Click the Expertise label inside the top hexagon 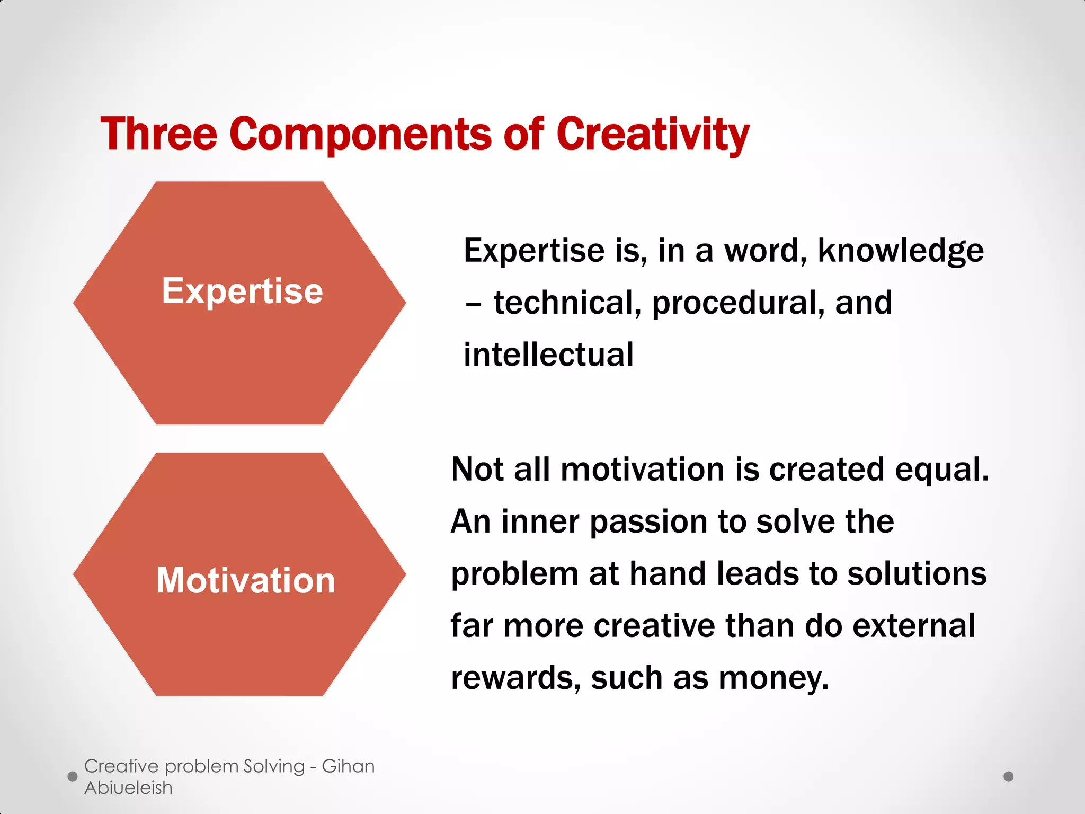(242, 291)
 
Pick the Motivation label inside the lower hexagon (246, 580)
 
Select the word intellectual (548, 355)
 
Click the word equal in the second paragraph (941, 470)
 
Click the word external (914, 625)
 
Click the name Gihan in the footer (348, 766)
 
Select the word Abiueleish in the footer (128, 788)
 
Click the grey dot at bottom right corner (1009, 776)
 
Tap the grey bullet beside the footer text (73, 776)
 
